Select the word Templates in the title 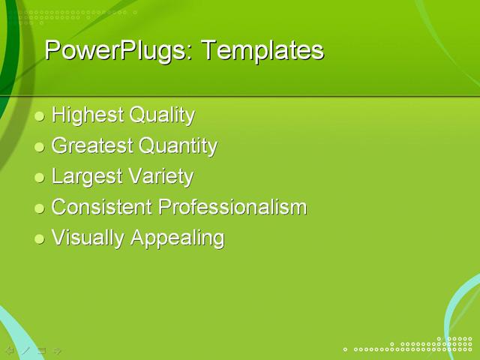pos(262,50)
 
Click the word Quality pos(162,115)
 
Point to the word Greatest pos(91,145)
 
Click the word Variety pos(160,177)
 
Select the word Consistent pos(102,207)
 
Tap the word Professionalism pos(232,207)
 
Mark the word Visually pos(88,238)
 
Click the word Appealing pos(177,238)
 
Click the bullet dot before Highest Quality pos(40,116)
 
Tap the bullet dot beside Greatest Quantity pos(40,147)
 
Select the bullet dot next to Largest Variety pos(40,178)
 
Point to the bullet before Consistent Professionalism pos(40,208)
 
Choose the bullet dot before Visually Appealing pos(40,238)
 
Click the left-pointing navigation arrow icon pos(10,350)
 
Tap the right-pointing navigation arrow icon pos(58,350)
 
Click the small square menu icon pos(42,350)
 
